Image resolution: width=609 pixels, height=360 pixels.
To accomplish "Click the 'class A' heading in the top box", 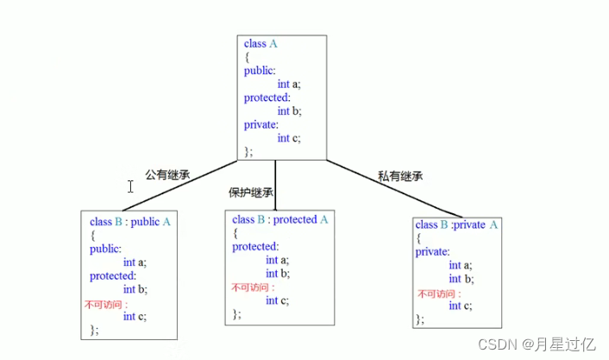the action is (261, 44).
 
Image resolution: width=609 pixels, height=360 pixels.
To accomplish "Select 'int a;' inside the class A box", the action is (289, 84).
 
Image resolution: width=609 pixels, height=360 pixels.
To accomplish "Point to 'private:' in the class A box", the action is (261, 124).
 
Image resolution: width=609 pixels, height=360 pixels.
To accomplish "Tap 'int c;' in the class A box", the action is (289, 138).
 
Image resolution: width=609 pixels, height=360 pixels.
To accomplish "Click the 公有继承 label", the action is (167, 174).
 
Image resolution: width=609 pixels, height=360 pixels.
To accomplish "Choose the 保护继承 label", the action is (251, 192).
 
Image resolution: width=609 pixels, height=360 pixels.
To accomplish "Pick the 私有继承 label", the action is (400, 175).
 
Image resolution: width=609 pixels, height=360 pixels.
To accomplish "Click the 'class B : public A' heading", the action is (130, 221).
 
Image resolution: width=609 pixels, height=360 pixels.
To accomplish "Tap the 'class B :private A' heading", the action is (457, 225).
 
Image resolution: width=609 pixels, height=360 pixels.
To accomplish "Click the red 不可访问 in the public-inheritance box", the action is (106, 305).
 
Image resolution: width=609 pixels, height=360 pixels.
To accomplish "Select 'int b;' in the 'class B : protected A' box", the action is (277, 274).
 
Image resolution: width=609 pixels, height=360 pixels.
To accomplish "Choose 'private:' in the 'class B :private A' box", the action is (432, 252).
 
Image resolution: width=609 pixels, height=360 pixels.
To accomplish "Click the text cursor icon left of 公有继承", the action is (130, 186).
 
